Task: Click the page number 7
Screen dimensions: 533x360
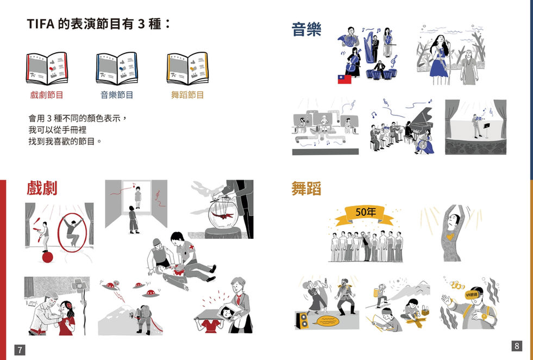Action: coord(20,350)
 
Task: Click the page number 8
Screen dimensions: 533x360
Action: coord(517,346)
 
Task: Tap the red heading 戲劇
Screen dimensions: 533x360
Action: coord(42,188)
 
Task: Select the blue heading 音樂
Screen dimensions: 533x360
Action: coord(306,29)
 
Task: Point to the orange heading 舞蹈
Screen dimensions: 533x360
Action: coord(306,188)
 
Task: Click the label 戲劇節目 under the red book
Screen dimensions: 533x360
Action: coord(47,95)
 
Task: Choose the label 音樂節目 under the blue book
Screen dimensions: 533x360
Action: coord(117,95)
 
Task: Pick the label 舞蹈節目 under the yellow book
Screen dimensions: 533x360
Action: coord(187,95)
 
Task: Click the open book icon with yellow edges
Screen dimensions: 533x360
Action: coord(187,69)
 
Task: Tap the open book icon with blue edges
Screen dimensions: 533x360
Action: coord(117,69)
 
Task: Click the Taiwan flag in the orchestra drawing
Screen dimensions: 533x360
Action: coord(344,79)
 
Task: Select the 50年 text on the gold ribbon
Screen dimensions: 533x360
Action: coord(366,212)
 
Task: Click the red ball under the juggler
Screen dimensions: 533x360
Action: coord(48,257)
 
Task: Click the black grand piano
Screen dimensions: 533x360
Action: coord(421,123)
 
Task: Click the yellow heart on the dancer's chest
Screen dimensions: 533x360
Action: coord(450,236)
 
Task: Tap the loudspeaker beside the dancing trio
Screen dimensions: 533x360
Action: coord(302,320)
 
